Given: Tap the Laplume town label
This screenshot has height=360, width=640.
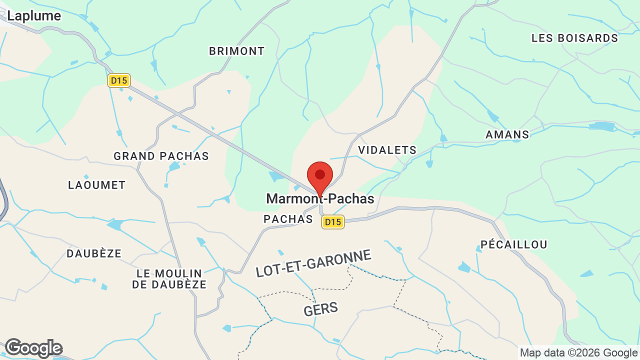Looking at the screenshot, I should tap(34, 16).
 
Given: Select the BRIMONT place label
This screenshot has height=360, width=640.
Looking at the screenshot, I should tap(236, 51).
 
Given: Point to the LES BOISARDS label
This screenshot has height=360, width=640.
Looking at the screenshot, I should tap(574, 38).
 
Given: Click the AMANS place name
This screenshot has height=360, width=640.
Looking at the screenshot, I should tap(507, 134).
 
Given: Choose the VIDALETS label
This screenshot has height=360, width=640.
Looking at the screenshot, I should tap(387, 150).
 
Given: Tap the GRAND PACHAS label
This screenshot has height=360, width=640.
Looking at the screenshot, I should tap(161, 156).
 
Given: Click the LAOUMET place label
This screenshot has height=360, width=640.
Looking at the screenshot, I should tap(96, 185).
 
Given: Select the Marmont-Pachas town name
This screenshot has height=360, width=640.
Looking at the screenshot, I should tap(320, 199).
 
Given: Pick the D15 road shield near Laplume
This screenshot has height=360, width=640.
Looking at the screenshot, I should tap(119, 80).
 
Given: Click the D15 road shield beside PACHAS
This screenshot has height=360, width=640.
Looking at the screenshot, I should tap(332, 221).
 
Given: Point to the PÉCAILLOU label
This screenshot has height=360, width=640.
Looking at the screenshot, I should tap(513, 244).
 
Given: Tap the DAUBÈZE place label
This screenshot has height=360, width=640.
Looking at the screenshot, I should tap(94, 253).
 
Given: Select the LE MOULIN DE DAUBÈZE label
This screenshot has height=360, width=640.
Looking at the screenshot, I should tap(169, 279).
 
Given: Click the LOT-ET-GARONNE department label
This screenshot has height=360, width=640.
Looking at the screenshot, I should tap(313, 263).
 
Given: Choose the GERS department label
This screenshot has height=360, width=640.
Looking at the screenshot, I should tap(320, 308).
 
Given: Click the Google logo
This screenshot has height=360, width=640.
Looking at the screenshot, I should tap(33, 348).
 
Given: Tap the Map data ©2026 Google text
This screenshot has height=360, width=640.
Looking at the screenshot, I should tap(578, 352).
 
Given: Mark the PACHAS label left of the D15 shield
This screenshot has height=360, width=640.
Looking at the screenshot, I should tap(287, 219).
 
